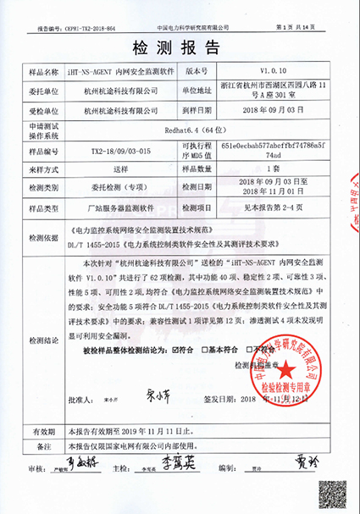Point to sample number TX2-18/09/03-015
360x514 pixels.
tap(125, 150)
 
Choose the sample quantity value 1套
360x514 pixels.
tap(279, 169)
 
